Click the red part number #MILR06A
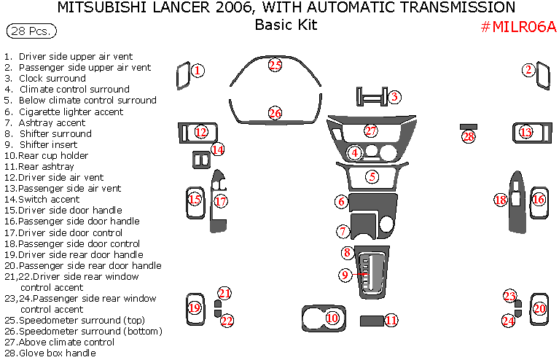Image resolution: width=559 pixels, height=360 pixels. point(518,27)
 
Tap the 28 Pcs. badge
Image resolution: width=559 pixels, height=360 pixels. point(31,32)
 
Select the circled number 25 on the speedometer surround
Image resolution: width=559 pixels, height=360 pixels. point(274,65)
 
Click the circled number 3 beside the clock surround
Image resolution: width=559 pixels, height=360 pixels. point(394,96)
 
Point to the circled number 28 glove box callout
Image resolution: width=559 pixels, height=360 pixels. point(468,136)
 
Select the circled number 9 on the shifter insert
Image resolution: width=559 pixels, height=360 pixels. point(345,275)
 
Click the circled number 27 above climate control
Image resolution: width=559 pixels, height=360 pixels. point(371,131)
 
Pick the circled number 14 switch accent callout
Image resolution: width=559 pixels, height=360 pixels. point(217,149)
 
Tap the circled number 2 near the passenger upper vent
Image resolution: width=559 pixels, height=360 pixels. point(528,70)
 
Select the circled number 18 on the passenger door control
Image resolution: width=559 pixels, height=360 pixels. point(500,200)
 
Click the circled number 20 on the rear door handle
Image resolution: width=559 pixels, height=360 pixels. point(539,308)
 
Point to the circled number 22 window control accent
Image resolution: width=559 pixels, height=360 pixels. point(227,321)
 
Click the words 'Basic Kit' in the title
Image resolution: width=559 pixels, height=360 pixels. point(285,25)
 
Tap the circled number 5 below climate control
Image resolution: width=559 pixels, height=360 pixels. point(372,176)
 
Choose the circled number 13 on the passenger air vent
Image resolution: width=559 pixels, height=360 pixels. point(526,133)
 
